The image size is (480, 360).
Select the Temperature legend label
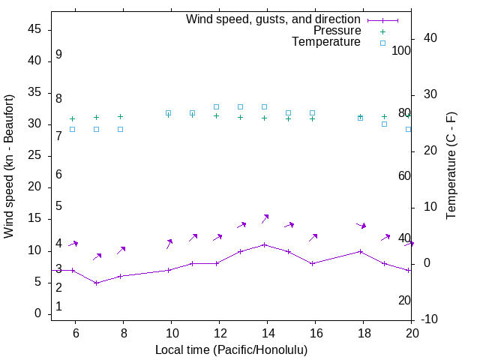pyautogui.click(x=326, y=42)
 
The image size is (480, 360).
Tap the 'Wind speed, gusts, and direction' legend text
pyautogui.click(x=274, y=19)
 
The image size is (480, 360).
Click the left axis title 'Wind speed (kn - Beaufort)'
pyautogui.click(x=9, y=166)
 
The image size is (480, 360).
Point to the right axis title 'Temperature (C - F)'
pyautogui.click(x=451, y=166)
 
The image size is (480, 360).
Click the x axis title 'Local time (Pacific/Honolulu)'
pyautogui.click(x=231, y=350)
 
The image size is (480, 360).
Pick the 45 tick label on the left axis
pyautogui.click(x=34, y=29)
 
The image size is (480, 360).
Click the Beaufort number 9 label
pyautogui.click(x=58, y=55)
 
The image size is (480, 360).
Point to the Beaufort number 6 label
pyautogui.click(x=58, y=175)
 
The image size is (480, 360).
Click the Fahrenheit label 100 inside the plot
pyautogui.click(x=402, y=50)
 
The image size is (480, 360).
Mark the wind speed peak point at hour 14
pyautogui.click(x=265, y=244)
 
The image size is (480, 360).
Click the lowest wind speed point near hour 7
pyautogui.click(x=97, y=283)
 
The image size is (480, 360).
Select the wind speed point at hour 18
pyautogui.click(x=361, y=251)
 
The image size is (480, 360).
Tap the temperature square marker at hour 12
pyautogui.click(x=217, y=106)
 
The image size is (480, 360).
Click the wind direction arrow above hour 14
pyautogui.click(x=265, y=219)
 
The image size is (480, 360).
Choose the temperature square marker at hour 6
pyautogui.click(x=73, y=129)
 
